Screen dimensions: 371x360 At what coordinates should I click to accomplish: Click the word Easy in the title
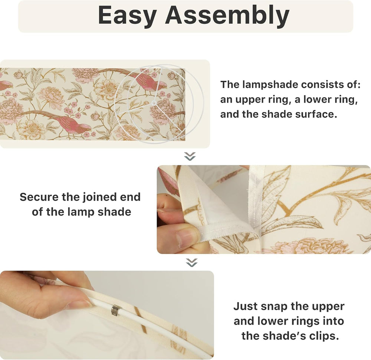127,15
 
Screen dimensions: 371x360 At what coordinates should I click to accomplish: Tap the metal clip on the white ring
115,310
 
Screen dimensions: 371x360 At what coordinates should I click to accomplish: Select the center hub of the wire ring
154,103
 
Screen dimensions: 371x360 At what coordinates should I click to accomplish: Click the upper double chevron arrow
190,156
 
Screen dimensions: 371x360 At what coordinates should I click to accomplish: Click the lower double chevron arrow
191,262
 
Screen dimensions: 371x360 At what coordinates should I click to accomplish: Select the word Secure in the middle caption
39,197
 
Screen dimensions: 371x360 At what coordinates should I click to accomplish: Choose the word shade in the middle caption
115,212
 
